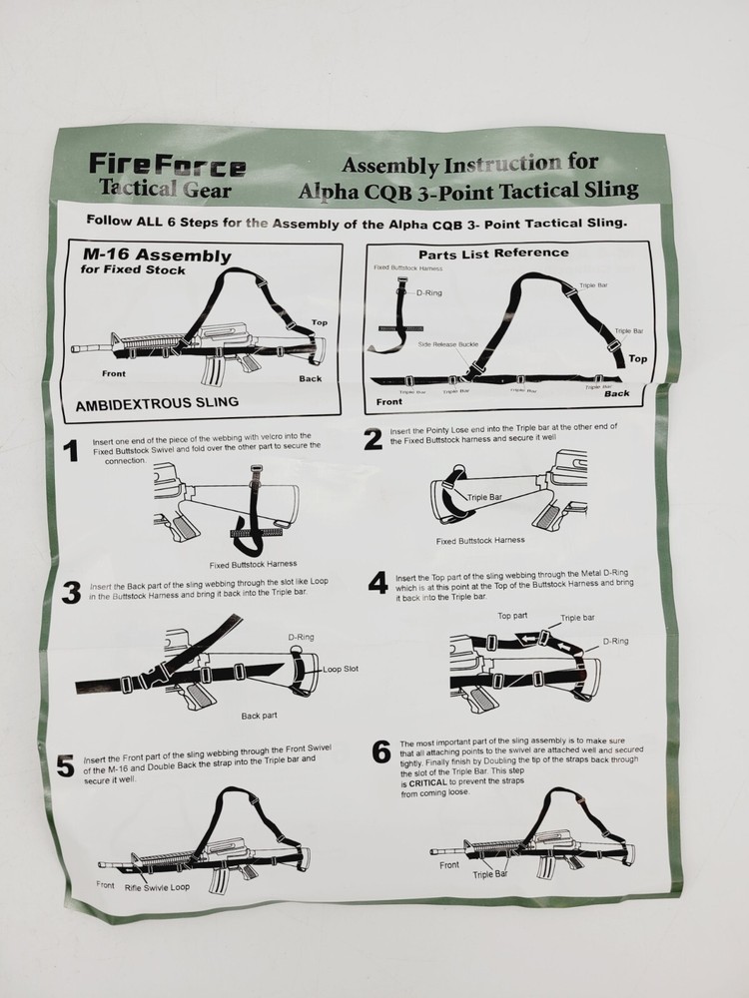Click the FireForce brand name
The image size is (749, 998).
click(167, 164)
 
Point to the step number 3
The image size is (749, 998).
click(72, 592)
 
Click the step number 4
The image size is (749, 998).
click(378, 583)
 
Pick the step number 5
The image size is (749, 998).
click(66, 766)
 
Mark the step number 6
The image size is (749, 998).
click(380, 750)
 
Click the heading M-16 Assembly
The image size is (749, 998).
click(158, 255)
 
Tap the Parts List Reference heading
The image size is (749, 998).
click(493, 253)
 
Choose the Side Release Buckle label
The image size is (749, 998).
click(448, 344)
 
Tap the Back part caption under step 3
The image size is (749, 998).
click(259, 716)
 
